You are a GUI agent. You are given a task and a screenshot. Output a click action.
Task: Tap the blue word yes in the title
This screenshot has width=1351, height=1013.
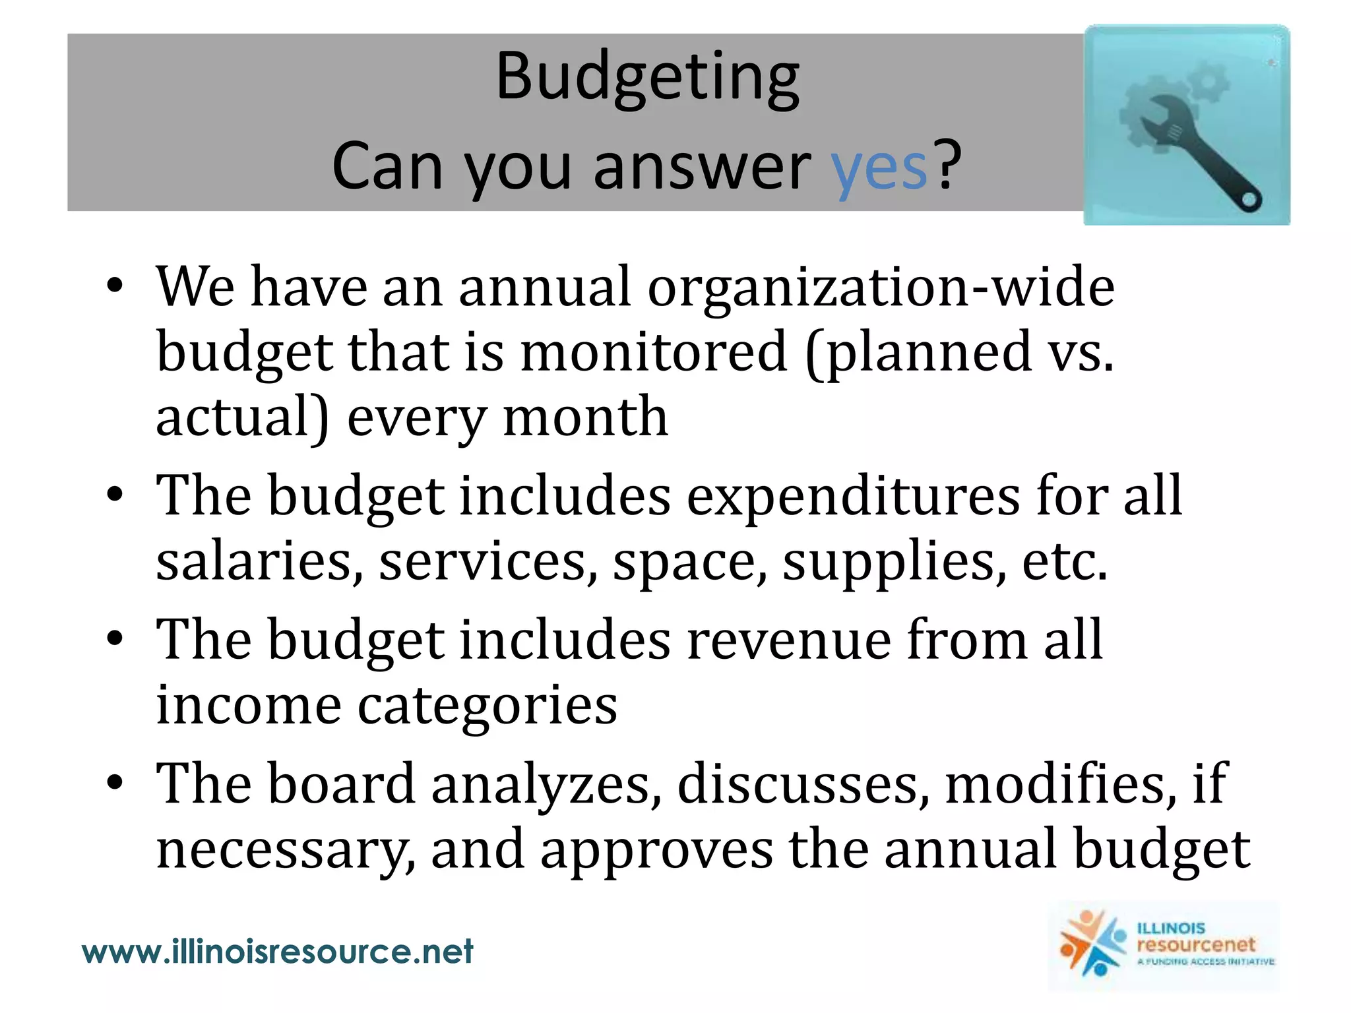[x=879, y=168]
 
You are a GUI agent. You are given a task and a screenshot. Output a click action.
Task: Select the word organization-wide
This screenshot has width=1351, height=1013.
[x=881, y=288]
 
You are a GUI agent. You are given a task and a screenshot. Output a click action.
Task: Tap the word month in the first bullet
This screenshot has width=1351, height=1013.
[x=585, y=417]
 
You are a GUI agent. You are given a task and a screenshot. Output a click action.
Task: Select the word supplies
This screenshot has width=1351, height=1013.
[x=895, y=563]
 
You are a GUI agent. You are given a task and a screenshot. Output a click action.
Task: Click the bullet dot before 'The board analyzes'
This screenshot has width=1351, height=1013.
[x=115, y=783]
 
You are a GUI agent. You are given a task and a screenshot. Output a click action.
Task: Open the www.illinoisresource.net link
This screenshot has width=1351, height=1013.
[x=277, y=952]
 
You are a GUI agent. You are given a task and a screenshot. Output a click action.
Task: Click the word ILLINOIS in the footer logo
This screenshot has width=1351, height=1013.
[x=1171, y=929]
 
